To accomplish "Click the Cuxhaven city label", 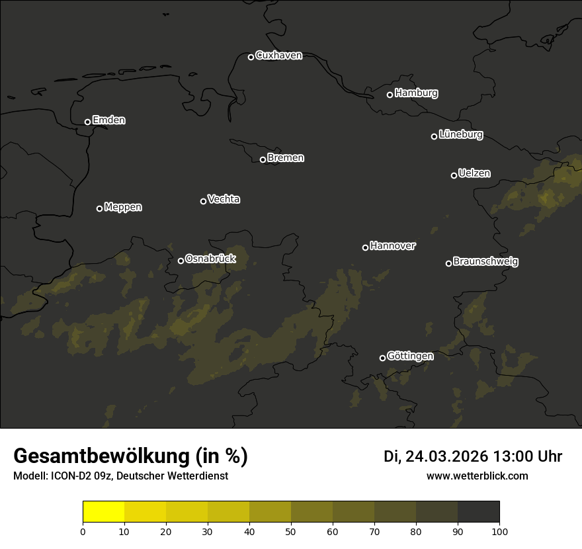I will (278, 56).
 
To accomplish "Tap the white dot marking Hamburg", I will (390, 95).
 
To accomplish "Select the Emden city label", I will (108, 120).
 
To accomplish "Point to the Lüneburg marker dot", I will (435, 136).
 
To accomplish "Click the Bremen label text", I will (286, 158).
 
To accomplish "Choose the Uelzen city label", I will (474, 173).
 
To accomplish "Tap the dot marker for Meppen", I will (100, 208).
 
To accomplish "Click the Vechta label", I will (224, 199).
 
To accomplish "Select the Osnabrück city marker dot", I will (181, 261).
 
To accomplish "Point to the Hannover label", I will (393, 246).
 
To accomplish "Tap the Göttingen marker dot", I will (382, 358).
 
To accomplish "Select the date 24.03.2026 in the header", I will (446, 456).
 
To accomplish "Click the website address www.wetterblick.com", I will (478, 476).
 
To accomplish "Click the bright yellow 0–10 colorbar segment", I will (104, 512).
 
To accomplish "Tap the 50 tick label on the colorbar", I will (291, 531).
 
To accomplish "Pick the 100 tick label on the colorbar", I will (499, 531).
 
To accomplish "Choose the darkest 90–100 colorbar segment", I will (478, 512).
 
